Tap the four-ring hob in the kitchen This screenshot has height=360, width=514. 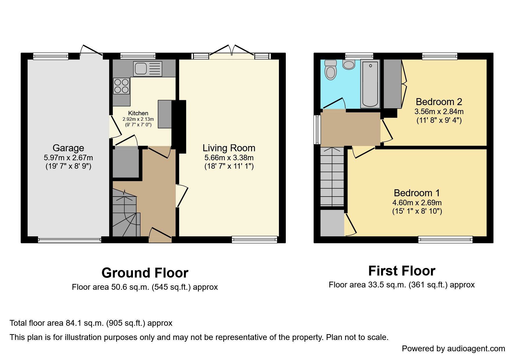coord(121,86)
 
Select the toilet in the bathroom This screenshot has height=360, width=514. coord(331,70)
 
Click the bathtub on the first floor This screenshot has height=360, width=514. coord(370,84)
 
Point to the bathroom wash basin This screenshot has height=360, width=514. coord(349,64)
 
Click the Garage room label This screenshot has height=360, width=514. coord(68,148)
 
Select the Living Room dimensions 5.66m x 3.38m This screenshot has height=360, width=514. coord(229,158)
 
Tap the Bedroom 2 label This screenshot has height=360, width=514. coord(439,102)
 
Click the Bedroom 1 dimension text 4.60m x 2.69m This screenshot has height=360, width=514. coord(417,203)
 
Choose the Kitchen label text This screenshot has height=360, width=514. coord(138,113)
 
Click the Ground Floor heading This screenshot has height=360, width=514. coord(145,273)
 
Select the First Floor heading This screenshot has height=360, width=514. coord(401,271)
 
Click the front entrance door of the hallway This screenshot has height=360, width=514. coord(160,236)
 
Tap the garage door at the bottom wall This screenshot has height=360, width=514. coord(69,240)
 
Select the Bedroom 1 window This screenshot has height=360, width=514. coord(445,240)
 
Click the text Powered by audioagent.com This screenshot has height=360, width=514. coord(453,349)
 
